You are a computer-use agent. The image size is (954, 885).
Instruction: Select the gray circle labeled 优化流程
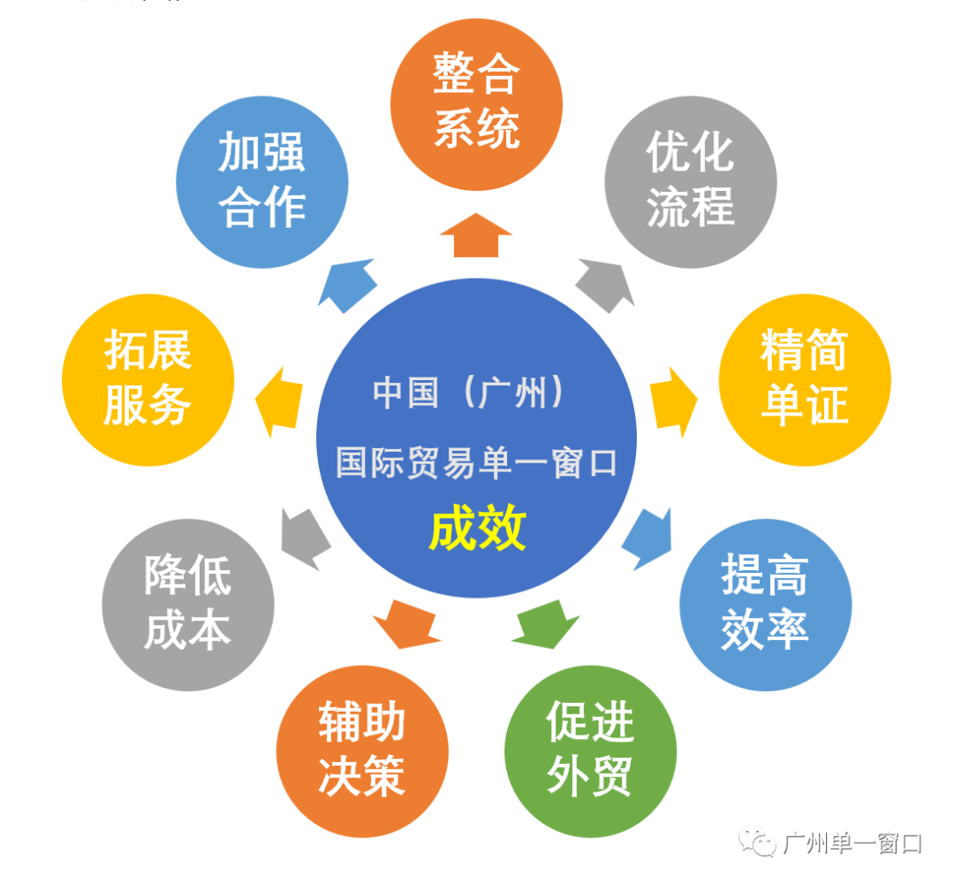coord(690,182)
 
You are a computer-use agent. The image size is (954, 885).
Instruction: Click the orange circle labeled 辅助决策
coord(362,751)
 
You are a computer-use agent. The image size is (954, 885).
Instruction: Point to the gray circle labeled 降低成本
coord(188,605)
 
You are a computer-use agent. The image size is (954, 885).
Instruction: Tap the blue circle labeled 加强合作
coord(262,182)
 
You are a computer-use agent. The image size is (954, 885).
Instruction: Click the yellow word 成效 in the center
coord(477,530)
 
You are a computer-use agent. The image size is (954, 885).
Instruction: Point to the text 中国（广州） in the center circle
coord(468,393)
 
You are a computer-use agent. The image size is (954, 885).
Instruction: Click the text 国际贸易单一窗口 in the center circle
coord(476,462)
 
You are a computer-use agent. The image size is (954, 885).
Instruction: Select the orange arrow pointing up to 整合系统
coord(476,235)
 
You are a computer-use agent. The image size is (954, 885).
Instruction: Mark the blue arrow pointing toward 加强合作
coord(348,285)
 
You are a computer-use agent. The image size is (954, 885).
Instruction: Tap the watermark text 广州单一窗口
coord(852,843)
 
